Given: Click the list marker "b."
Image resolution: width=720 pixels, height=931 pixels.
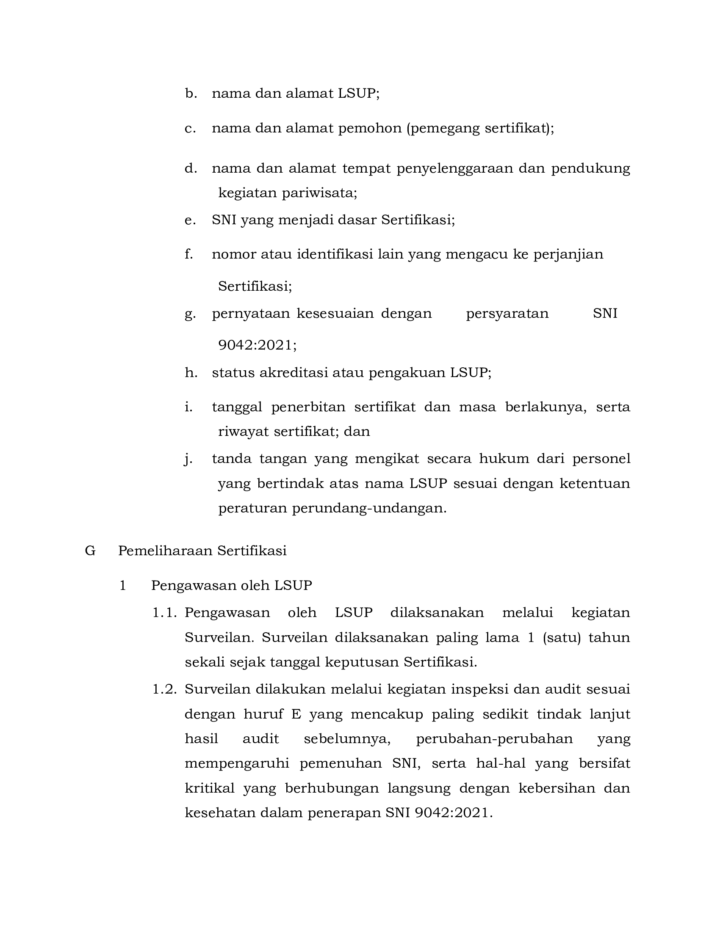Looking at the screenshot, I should point(191,94).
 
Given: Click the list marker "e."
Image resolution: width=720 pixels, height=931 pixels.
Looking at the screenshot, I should point(190,220).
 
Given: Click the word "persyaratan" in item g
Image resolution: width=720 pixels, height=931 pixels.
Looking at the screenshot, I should point(507,314).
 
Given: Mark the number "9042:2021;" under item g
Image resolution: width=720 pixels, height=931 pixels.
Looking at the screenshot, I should point(257,345).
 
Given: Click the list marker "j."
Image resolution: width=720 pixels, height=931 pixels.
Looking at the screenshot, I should point(187,459).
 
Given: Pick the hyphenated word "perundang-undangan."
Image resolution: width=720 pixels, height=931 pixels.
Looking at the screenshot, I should point(369,509).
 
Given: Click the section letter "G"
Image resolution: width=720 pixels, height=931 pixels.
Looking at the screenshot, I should point(90,551).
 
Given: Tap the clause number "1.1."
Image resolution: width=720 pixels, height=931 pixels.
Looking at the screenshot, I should point(165,613).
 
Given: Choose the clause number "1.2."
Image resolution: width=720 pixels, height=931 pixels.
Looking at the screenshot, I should point(165,689).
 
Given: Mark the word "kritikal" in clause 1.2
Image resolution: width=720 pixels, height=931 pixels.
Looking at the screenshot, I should point(209,788).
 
